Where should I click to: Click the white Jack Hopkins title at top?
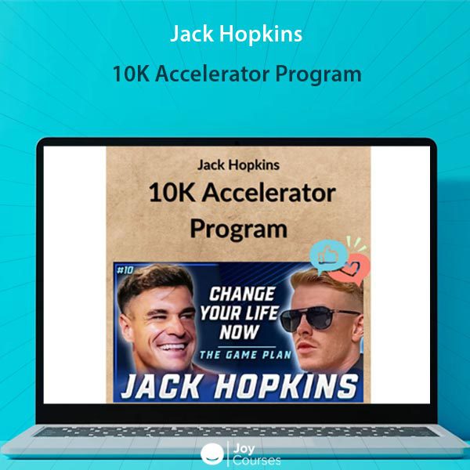click(237, 34)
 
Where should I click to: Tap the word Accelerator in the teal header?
click(212, 74)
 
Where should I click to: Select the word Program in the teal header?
click(318, 75)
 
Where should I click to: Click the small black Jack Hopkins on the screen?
click(239, 165)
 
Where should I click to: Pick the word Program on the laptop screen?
click(239, 230)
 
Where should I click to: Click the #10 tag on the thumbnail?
click(125, 270)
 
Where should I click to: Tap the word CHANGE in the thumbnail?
click(242, 294)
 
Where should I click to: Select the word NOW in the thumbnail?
click(239, 332)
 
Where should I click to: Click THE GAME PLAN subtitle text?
click(245, 355)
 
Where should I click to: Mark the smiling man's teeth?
click(172, 347)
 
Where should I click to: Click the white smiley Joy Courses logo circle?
click(212, 454)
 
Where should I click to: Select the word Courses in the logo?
click(257, 461)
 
